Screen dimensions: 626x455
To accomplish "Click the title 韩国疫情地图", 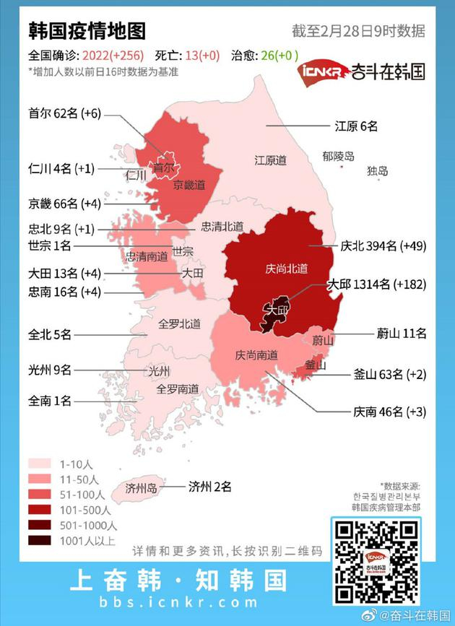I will coord(87,31).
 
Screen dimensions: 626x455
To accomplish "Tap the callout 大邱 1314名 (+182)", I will coord(377,284).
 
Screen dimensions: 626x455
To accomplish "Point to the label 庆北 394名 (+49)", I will coord(383,245).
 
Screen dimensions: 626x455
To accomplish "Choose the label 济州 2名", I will coord(209,487).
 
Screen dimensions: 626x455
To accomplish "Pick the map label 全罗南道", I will coord(178,388).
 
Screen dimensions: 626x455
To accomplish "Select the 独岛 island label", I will coord(377,171).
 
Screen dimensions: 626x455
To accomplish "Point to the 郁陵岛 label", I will coord(338,156).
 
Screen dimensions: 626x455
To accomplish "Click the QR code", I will coord(374,561).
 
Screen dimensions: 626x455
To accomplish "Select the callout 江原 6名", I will coord(355,126).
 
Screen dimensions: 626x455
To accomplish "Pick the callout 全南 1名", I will coord(50,399).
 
